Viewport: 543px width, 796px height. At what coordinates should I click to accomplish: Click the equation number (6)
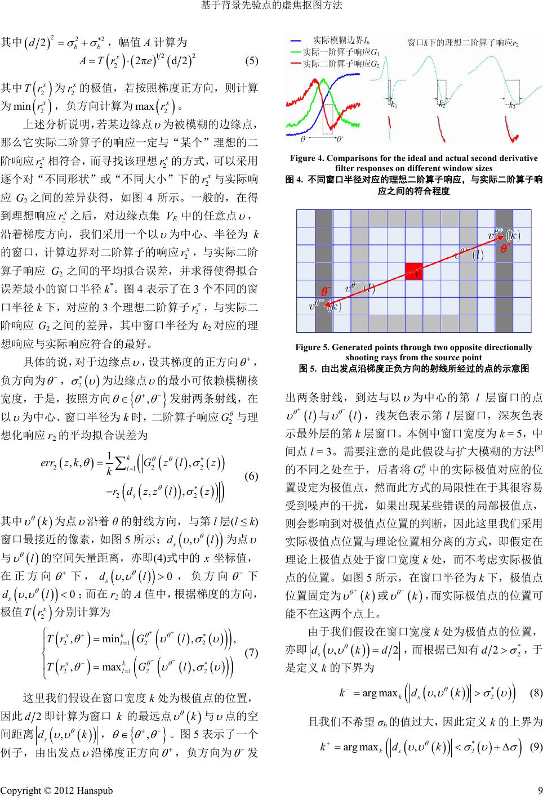[251, 476]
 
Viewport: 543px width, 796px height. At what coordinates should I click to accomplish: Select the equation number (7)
[251, 653]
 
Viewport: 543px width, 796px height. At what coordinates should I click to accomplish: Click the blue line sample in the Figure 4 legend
[299, 41]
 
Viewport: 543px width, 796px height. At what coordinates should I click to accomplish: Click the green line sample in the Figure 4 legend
[299, 52]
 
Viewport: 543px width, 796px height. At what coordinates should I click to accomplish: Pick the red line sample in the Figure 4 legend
[299, 63]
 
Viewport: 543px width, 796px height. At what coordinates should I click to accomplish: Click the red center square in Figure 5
[413, 271]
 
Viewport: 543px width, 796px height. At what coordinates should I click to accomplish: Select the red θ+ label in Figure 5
[506, 247]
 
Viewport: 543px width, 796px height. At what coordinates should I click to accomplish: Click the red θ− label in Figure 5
[326, 292]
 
